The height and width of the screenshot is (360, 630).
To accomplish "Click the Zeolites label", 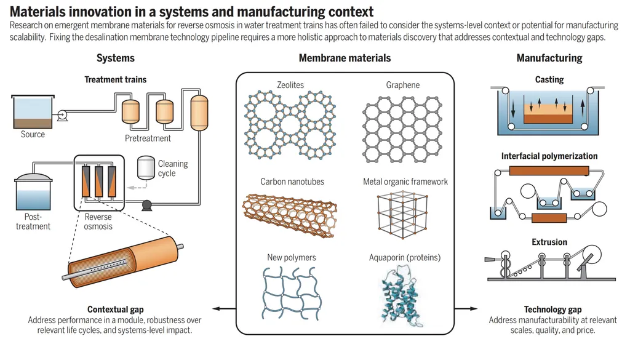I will (x=290, y=85).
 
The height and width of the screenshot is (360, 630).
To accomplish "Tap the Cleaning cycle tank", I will (x=146, y=167).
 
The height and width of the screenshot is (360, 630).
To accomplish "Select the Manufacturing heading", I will (x=549, y=58).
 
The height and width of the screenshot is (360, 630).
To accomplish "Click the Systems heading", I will (x=116, y=58).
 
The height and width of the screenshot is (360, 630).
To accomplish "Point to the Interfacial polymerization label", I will (x=549, y=156).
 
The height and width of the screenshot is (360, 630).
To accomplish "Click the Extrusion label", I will (x=549, y=242).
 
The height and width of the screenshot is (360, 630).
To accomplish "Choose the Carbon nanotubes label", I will (x=292, y=182).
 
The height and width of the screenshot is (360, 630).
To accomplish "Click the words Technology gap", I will (x=552, y=310).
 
